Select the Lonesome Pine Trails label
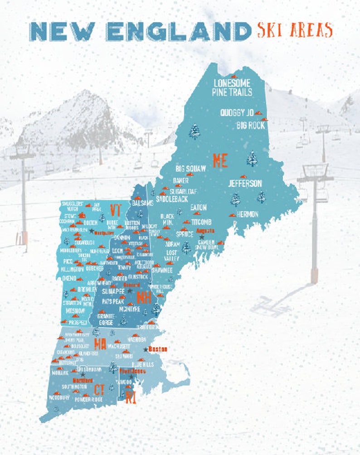point(232,87)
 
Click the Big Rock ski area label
point(250,125)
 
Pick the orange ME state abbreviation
point(220,161)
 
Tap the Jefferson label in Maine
point(245,184)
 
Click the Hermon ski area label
point(247,214)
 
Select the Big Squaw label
point(190,169)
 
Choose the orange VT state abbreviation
point(116,210)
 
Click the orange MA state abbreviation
point(100,344)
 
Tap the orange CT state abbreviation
point(100,389)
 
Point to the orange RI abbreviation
point(131,398)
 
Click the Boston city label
point(158,349)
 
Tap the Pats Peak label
point(113,301)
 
